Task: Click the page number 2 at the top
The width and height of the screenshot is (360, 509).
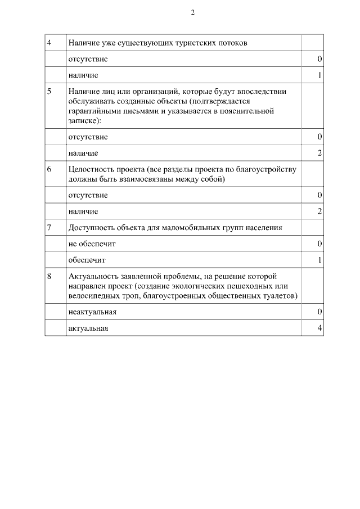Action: tap(192, 13)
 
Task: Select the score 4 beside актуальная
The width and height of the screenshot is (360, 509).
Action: tap(319, 328)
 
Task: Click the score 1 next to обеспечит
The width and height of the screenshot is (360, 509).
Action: tap(319, 260)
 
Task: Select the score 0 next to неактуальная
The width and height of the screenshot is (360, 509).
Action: tap(319, 312)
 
